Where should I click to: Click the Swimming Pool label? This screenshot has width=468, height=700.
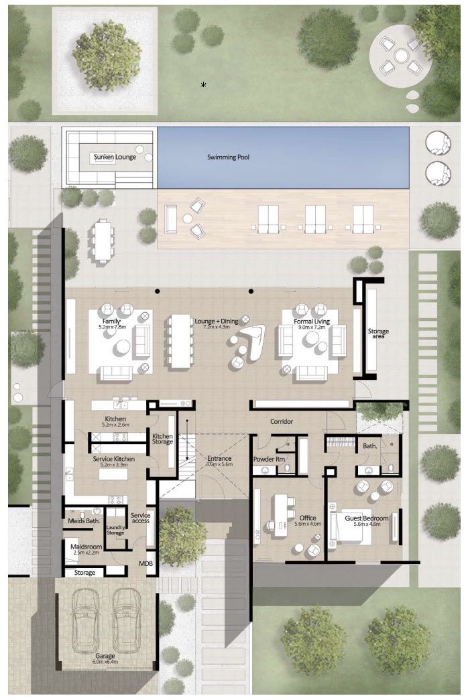pyautogui.click(x=228, y=157)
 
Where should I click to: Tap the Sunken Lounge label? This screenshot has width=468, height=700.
pyautogui.click(x=115, y=157)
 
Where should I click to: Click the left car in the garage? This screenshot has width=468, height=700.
pyautogui.click(x=86, y=617)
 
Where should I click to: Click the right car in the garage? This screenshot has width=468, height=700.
pyautogui.click(x=127, y=617)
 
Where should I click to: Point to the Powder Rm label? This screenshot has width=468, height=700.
pyautogui.click(x=270, y=460)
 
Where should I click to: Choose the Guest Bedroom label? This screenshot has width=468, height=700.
pyautogui.click(x=362, y=518)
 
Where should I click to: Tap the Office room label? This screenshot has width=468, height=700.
pyautogui.click(x=308, y=518)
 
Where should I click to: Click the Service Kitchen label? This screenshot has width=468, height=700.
pyautogui.click(x=113, y=459)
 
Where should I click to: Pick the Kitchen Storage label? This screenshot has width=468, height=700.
pyautogui.click(x=162, y=439)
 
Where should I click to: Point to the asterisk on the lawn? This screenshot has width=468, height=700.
pyautogui.click(x=203, y=84)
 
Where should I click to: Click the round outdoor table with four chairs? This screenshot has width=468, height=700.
pyautogui.click(x=400, y=56)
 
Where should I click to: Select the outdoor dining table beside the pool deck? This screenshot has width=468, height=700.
pyautogui.click(x=103, y=240)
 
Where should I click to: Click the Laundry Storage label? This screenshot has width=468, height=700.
pyautogui.click(x=115, y=530)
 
